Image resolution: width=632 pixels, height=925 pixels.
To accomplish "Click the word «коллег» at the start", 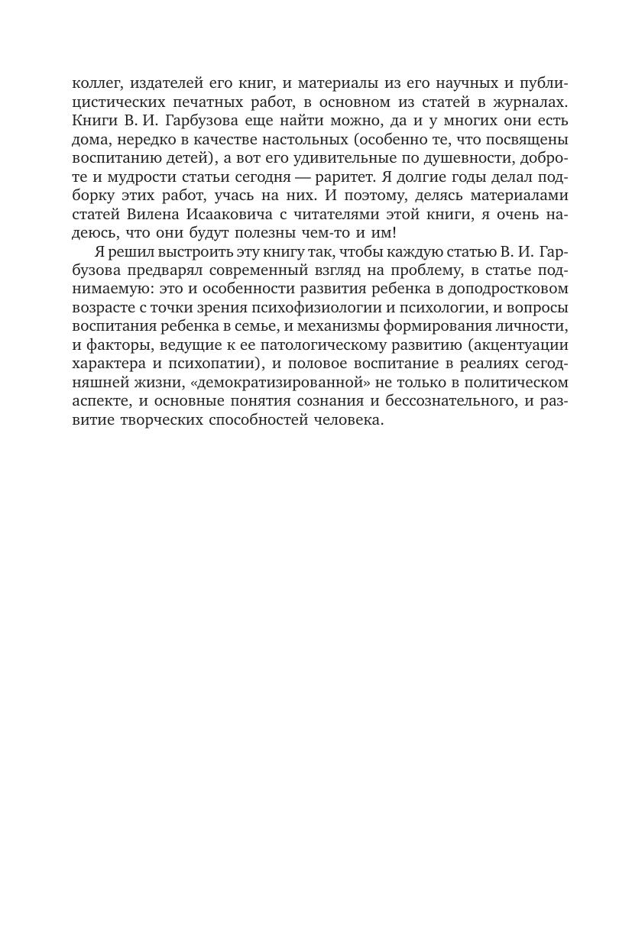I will [95, 84].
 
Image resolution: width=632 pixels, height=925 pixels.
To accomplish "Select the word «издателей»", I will [165, 84].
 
